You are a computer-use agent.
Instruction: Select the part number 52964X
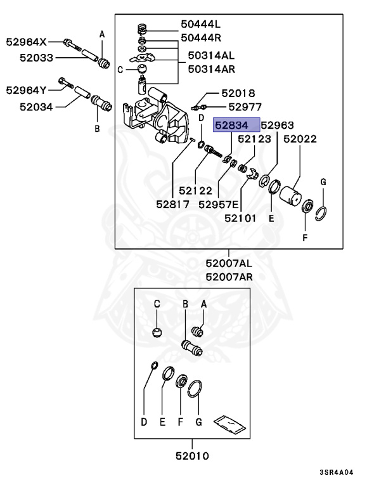(26, 42)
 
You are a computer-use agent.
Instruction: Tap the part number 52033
(35, 58)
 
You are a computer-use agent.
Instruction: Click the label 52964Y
(26, 90)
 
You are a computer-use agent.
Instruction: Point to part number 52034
(35, 107)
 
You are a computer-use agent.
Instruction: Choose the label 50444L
(201, 24)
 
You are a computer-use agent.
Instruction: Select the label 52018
(237, 93)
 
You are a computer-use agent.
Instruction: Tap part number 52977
(245, 107)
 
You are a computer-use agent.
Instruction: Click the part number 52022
(300, 139)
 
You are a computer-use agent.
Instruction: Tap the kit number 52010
(192, 455)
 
